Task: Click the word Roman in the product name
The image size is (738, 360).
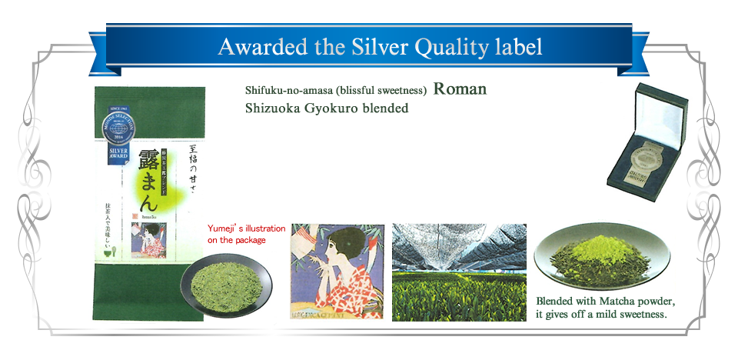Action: pos(460,88)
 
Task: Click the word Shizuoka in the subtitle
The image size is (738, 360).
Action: pos(271,108)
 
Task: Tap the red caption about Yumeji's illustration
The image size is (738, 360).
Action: pos(246,235)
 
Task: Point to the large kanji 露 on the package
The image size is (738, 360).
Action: pos(149,164)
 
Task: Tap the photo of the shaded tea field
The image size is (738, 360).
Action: pos(459,272)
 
